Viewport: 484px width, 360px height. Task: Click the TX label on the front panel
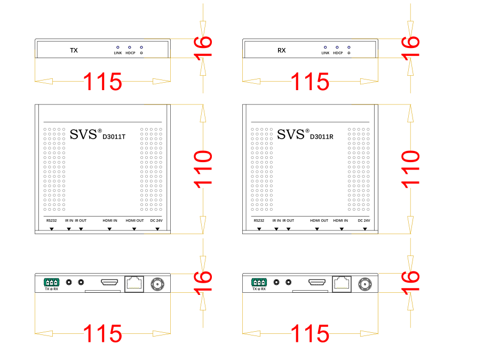[74, 51]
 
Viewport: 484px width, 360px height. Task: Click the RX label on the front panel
[281, 51]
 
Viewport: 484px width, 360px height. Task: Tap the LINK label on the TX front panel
[118, 53]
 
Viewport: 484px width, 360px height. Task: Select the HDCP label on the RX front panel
[337, 53]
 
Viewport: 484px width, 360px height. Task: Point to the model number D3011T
[114, 137]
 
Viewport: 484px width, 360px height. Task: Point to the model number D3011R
[321, 137]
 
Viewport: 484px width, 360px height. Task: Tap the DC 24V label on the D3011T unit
[156, 220]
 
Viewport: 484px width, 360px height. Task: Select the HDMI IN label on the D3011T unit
[110, 220]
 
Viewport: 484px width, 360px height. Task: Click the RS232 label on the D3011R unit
[259, 220]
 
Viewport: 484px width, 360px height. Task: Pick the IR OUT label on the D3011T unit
[81, 220]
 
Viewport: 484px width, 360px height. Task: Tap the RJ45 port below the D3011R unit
[342, 283]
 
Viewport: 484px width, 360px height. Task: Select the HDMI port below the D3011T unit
[110, 282]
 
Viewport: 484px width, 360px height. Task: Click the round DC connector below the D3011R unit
[366, 284]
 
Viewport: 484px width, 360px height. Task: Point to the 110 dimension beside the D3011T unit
[203, 169]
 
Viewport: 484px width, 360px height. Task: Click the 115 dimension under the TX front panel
[102, 82]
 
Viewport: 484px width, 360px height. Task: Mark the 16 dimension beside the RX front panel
[410, 49]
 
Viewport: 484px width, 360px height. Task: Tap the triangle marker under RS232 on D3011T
[51, 229]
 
